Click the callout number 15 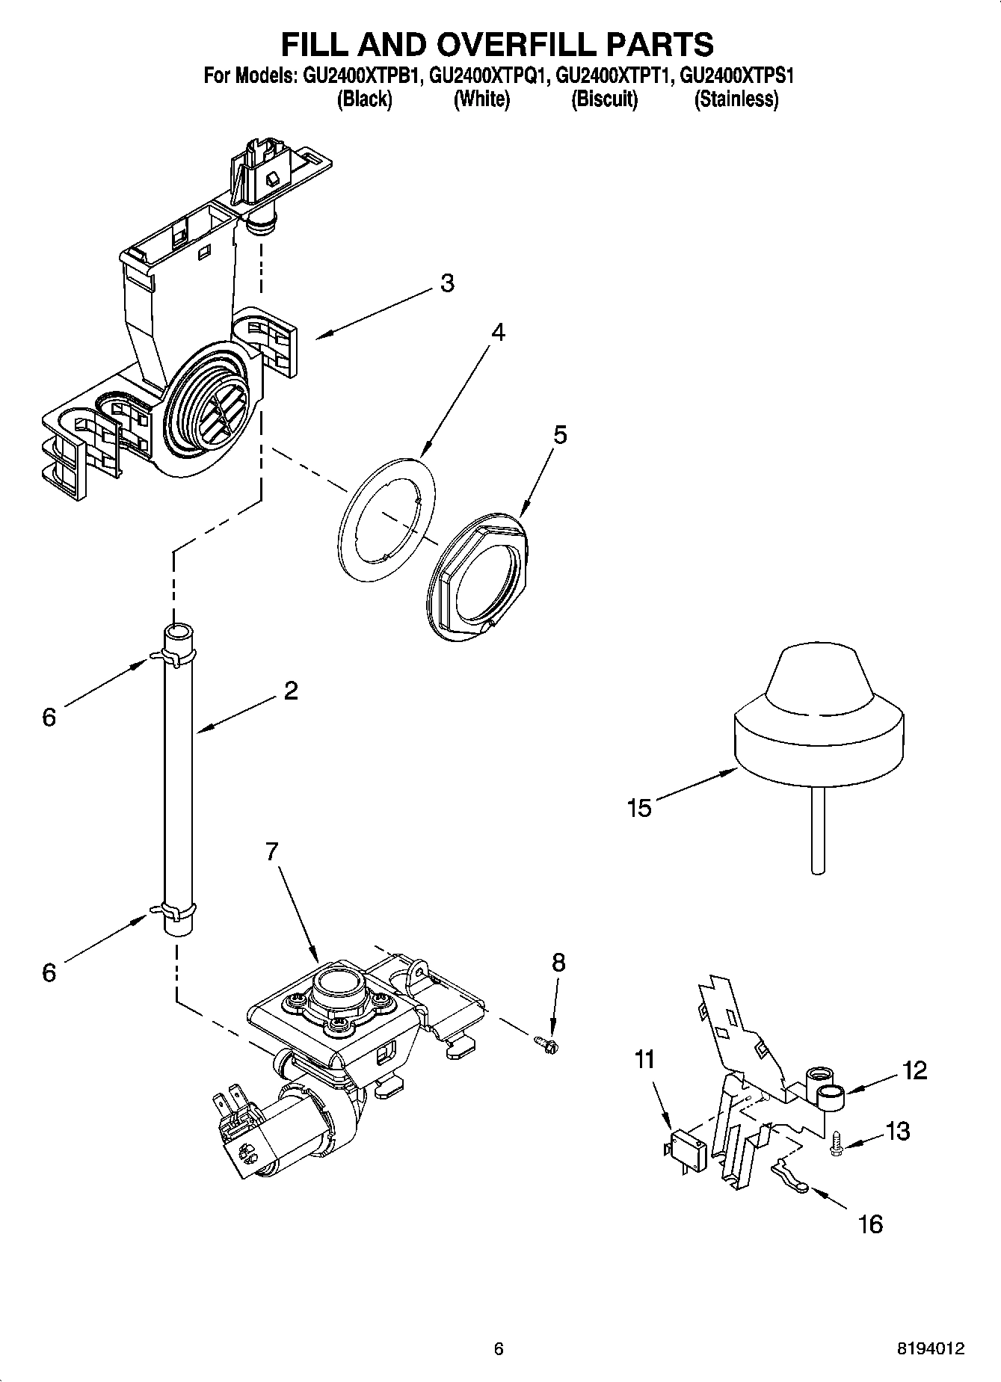coord(639,808)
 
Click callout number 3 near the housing coord(446,283)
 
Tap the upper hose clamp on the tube coord(177,656)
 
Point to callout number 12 coord(914,1070)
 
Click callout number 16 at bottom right coord(871,1224)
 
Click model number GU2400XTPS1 coord(736,75)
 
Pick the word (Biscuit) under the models coord(604,99)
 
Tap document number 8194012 coord(931,1349)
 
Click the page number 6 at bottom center coord(499,1349)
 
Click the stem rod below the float coord(819,830)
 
